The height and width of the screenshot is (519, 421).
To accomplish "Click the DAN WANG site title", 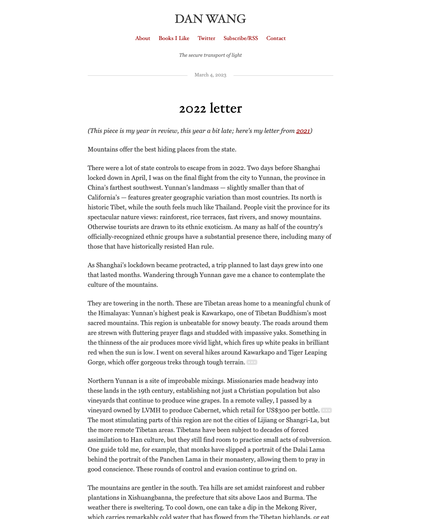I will click(x=210, y=19).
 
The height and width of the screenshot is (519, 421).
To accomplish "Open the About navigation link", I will click(x=143, y=38).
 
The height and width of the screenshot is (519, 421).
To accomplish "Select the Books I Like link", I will click(x=174, y=38).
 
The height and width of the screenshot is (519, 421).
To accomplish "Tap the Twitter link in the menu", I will click(x=206, y=38).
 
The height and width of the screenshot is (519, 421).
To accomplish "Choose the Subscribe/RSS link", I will click(x=241, y=38).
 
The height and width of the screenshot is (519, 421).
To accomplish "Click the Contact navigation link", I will click(x=276, y=38).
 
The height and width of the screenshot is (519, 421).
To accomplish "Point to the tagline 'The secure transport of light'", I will click(x=210, y=55).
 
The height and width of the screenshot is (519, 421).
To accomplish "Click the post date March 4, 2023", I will click(x=210, y=75).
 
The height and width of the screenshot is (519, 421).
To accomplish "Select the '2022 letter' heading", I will click(x=210, y=109).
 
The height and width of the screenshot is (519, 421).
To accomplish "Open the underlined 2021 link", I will click(x=303, y=131).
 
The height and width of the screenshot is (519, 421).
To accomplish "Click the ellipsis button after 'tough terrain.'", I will click(x=252, y=362).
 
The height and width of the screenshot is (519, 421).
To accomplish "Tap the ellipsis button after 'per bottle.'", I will click(x=326, y=410).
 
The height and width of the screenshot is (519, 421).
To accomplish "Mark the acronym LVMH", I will click(x=151, y=410).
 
